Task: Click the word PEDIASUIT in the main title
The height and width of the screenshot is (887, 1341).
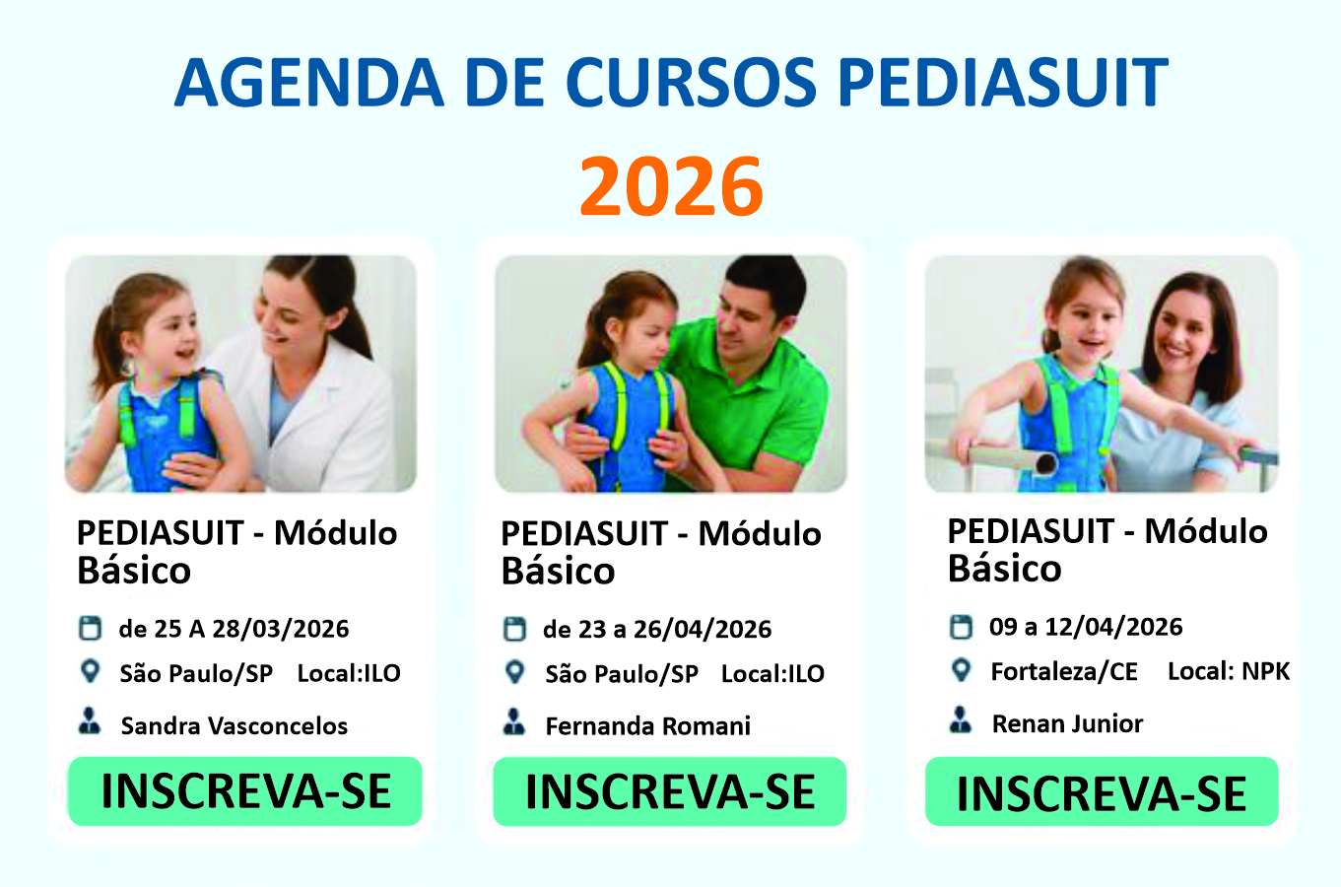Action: (x=1003, y=82)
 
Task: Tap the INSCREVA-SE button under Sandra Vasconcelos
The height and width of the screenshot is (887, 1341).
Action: (x=245, y=791)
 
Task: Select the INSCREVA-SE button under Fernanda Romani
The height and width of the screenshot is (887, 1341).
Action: (x=670, y=791)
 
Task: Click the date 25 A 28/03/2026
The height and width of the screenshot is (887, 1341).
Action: (x=251, y=629)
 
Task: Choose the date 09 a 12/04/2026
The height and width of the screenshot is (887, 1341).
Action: (x=1086, y=627)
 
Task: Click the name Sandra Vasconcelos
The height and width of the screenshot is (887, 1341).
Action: (x=235, y=726)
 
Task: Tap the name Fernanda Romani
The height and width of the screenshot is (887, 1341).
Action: (x=647, y=726)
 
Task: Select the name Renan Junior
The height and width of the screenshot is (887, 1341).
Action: (x=1067, y=723)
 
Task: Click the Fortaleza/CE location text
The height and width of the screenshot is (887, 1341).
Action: (x=1064, y=672)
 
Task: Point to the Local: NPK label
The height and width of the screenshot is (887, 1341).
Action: (x=1229, y=671)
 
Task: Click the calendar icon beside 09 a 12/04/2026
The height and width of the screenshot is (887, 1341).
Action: (x=961, y=627)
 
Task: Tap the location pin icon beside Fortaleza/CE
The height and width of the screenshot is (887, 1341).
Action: (x=961, y=670)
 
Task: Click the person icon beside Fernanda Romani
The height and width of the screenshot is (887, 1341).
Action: (x=514, y=721)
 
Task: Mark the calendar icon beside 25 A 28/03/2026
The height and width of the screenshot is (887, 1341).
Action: (x=90, y=628)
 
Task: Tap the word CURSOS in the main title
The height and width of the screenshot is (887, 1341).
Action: (x=692, y=82)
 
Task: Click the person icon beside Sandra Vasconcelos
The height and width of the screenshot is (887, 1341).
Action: (x=90, y=721)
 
